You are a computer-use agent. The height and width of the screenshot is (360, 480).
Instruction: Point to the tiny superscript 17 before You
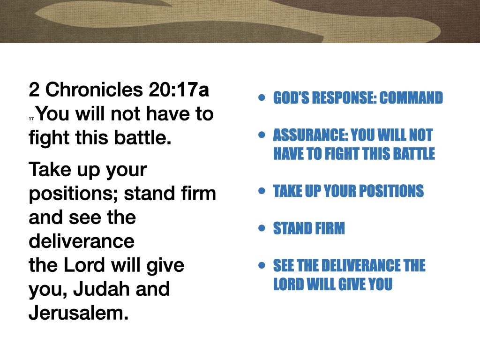click(x=31, y=120)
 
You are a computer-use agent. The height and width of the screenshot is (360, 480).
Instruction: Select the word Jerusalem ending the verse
click(x=78, y=313)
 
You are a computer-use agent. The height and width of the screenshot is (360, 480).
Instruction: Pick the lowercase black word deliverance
click(x=82, y=241)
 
